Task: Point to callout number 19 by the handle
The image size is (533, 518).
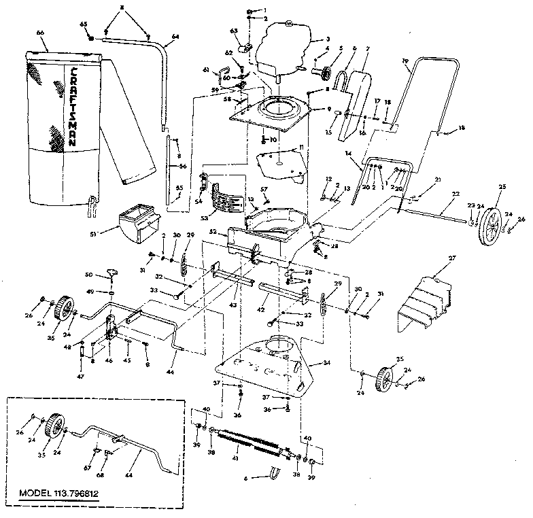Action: [x=405, y=62]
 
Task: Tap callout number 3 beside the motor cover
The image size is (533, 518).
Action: [x=328, y=39]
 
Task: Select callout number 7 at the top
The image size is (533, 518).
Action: [x=366, y=49]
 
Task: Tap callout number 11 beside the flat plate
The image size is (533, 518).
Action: [x=301, y=147]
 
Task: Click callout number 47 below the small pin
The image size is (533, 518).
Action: [x=80, y=376]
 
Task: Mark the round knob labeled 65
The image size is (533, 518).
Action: [x=90, y=35]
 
